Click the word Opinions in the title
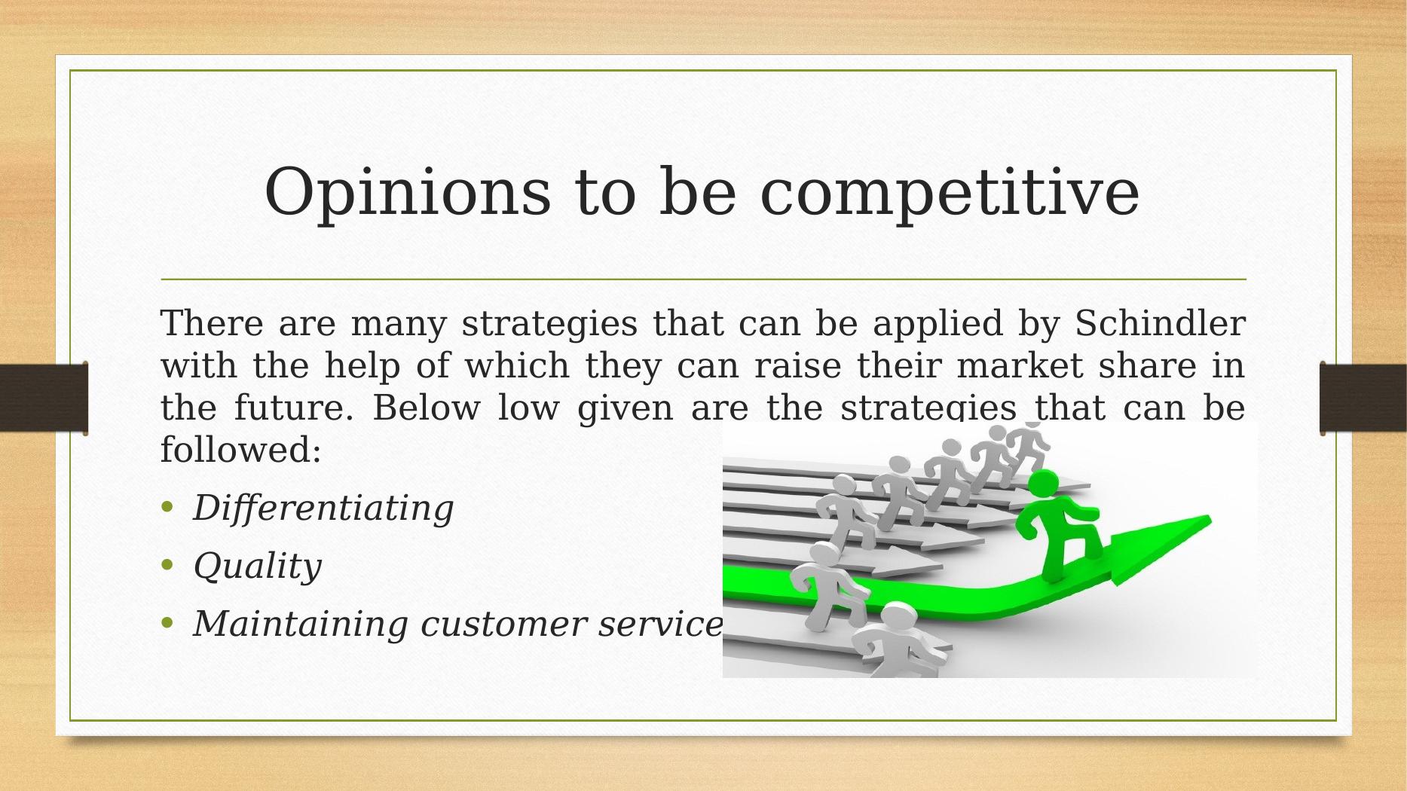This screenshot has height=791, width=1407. (x=408, y=193)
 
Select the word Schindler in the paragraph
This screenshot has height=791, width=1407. (x=1160, y=323)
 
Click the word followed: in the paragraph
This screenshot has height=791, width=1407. (x=241, y=450)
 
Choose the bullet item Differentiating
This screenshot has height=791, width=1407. (x=323, y=508)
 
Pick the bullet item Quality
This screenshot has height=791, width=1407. (x=257, y=567)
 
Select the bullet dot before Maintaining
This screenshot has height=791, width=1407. (x=167, y=622)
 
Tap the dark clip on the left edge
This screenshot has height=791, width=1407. (x=44, y=398)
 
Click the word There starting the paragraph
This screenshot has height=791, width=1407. (x=212, y=323)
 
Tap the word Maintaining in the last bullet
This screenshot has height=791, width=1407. (x=301, y=624)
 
